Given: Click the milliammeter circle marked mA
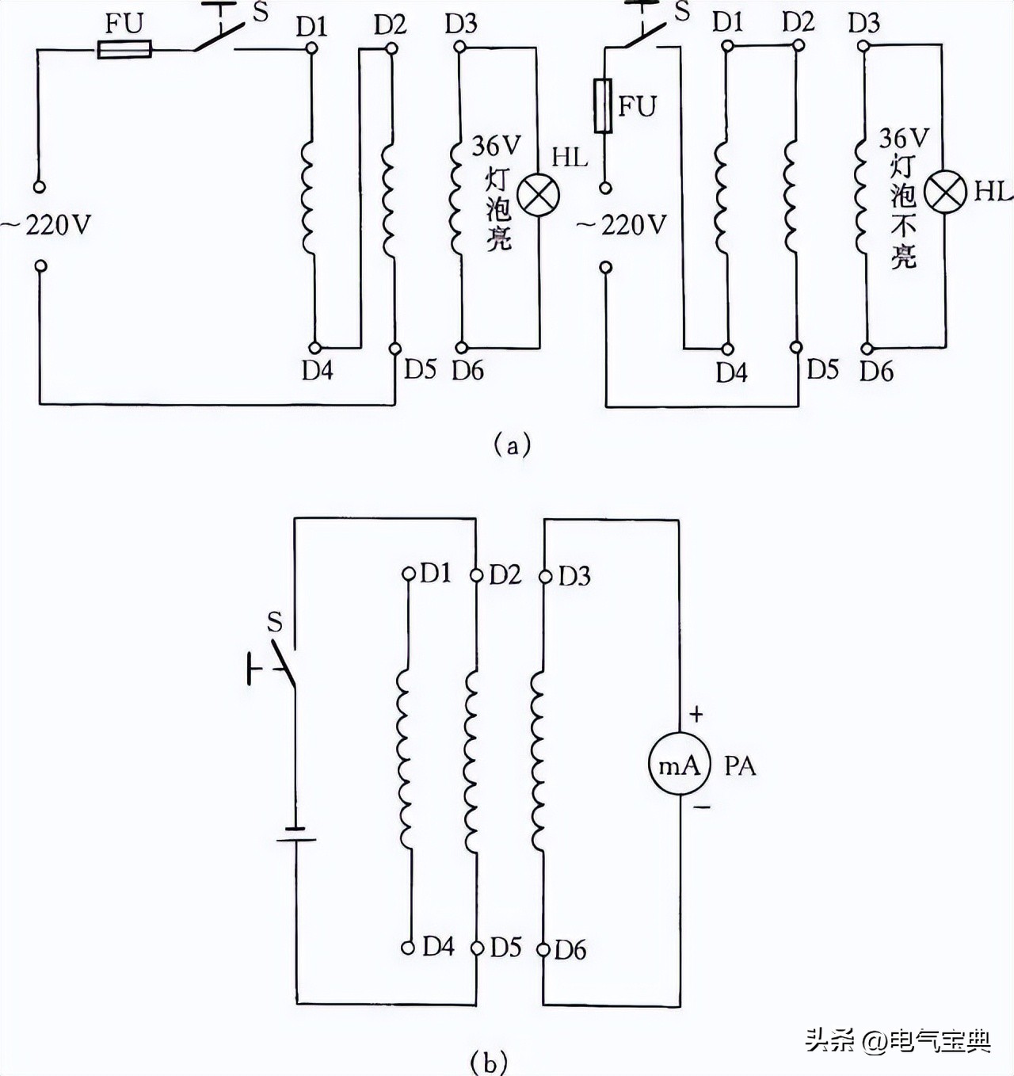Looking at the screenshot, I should (x=679, y=765).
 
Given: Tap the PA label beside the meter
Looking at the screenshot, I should (x=740, y=766).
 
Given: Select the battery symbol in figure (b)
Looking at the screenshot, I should (x=296, y=834).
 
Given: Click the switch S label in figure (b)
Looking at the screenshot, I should (x=274, y=622).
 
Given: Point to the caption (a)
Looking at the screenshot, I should (x=511, y=445).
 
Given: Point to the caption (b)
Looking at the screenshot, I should (x=488, y=1060).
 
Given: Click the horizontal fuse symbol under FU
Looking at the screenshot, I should (x=124, y=51).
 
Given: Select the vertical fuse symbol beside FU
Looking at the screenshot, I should (x=604, y=105).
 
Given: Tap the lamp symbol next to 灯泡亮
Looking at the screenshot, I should (x=539, y=194).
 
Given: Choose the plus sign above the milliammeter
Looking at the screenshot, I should (x=696, y=715).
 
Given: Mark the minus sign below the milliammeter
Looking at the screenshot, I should (x=702, y=807).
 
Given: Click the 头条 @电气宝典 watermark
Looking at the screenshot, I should (x=898, y=1040).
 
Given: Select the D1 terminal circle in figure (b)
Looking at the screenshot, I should (x=409, y=574).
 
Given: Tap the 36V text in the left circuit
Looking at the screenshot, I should (x=497, y=146).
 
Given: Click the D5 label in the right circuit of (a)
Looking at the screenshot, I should (x=822, y=369).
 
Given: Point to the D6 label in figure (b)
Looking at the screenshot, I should (x=570, y=950).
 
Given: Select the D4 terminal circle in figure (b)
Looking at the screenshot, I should (x=408, y=947).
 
